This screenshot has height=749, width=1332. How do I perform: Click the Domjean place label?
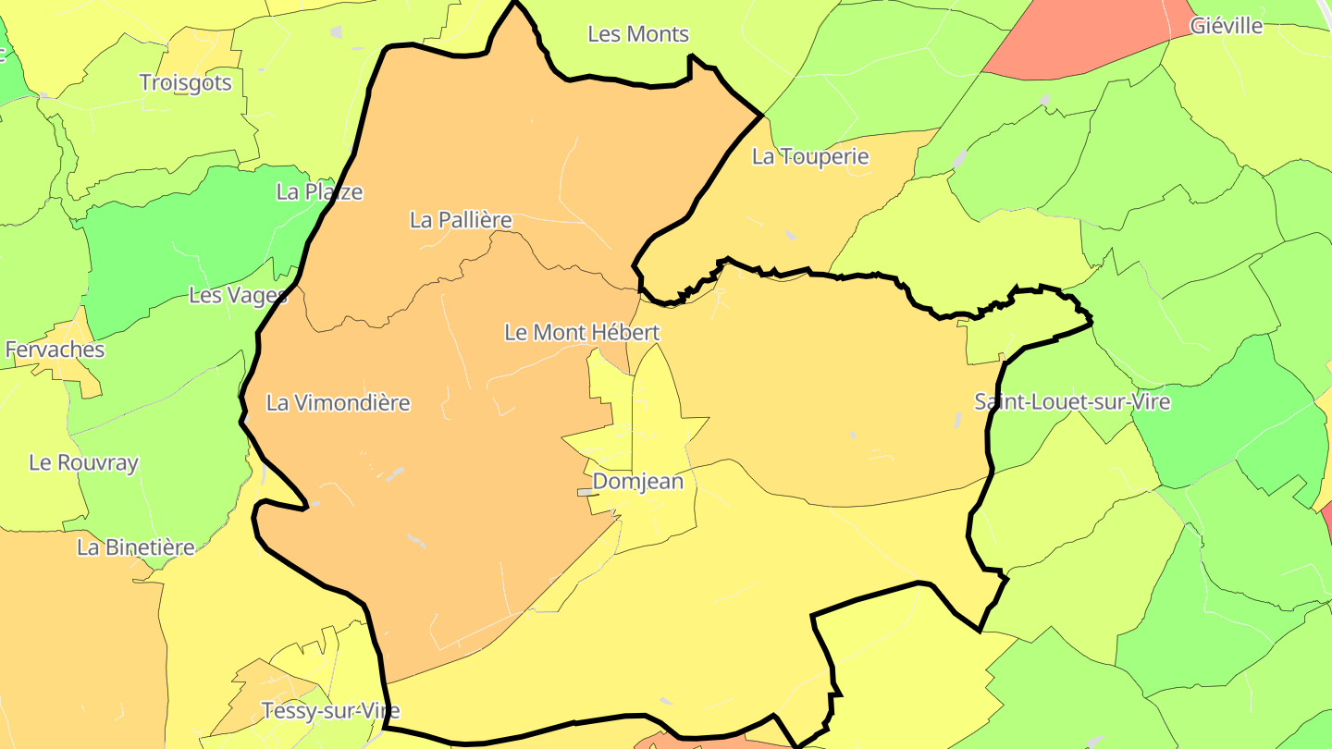coord(637,481)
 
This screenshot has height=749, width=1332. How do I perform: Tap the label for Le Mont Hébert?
coord(581,332)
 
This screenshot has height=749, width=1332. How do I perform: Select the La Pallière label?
coord(461,220)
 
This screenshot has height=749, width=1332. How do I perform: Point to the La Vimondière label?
coord(338,403)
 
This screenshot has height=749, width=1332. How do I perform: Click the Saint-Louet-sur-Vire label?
coord(1072,402)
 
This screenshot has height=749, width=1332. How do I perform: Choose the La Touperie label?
coord(810,157)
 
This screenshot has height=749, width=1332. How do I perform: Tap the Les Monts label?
coord(638,34)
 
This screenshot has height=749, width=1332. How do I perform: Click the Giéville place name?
coord(1227,26)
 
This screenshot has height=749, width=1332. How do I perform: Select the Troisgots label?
coord(185,82)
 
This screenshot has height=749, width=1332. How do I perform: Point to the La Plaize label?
coord(319,192)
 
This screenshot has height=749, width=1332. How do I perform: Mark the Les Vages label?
coord(238,295)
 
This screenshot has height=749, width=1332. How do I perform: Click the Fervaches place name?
coord(55,350)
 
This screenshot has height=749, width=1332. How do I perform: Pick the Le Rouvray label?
coord(83,462)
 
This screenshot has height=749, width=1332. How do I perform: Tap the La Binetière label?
coord(136,547)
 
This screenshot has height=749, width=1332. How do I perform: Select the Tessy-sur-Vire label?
coord(330,711)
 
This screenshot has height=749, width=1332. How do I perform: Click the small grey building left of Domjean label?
coord(586,493)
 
